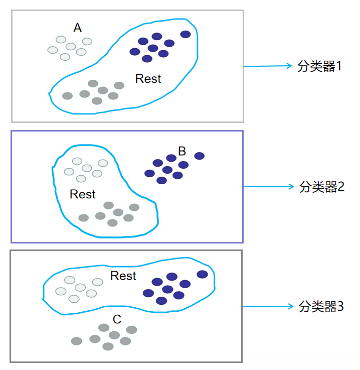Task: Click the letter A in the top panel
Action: click(x=77, y=28)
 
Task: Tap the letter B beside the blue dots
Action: click(x=182, y=151)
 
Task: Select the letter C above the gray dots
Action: click(x=117, y=319)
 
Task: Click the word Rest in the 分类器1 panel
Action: click(x=148, y=79)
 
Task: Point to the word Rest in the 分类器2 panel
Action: click(x=83, y=194)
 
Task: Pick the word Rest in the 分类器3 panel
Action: click(x=123, y=276)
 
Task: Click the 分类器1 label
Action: click(x=319, y=66)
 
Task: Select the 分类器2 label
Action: click(x=322, y=187)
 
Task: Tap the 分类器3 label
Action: click(x=321, y=306)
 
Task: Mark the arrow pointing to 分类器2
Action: click(x=268, y=186)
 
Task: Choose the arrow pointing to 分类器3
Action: click(x=268, y=306)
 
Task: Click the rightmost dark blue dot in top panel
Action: click(x=186, y=34)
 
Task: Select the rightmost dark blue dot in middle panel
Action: click(x=200, y=156)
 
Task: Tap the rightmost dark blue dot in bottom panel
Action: click(x=202, y=274)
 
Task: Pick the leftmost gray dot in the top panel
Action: click(x=67, y=96)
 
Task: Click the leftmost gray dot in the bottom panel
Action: click(x=77, y=341)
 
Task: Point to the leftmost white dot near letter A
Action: click(x=53, y=50)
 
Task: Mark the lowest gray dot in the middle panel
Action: click(x=112, y=223)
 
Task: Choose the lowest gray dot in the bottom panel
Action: click(x=108, y=346)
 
